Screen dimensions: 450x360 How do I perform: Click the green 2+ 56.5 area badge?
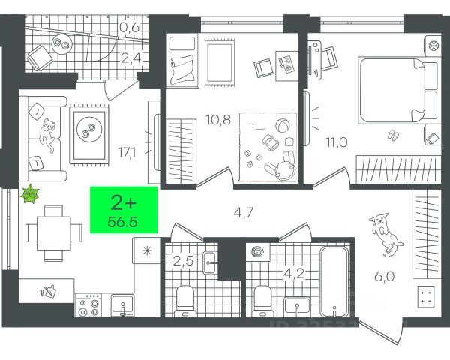[124, 210]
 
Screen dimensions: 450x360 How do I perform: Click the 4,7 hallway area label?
[241, 212]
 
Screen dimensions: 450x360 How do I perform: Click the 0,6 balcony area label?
[129, 29]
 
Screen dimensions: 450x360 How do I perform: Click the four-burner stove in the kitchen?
[89, 307]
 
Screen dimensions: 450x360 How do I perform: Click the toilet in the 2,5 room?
[184, 299]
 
